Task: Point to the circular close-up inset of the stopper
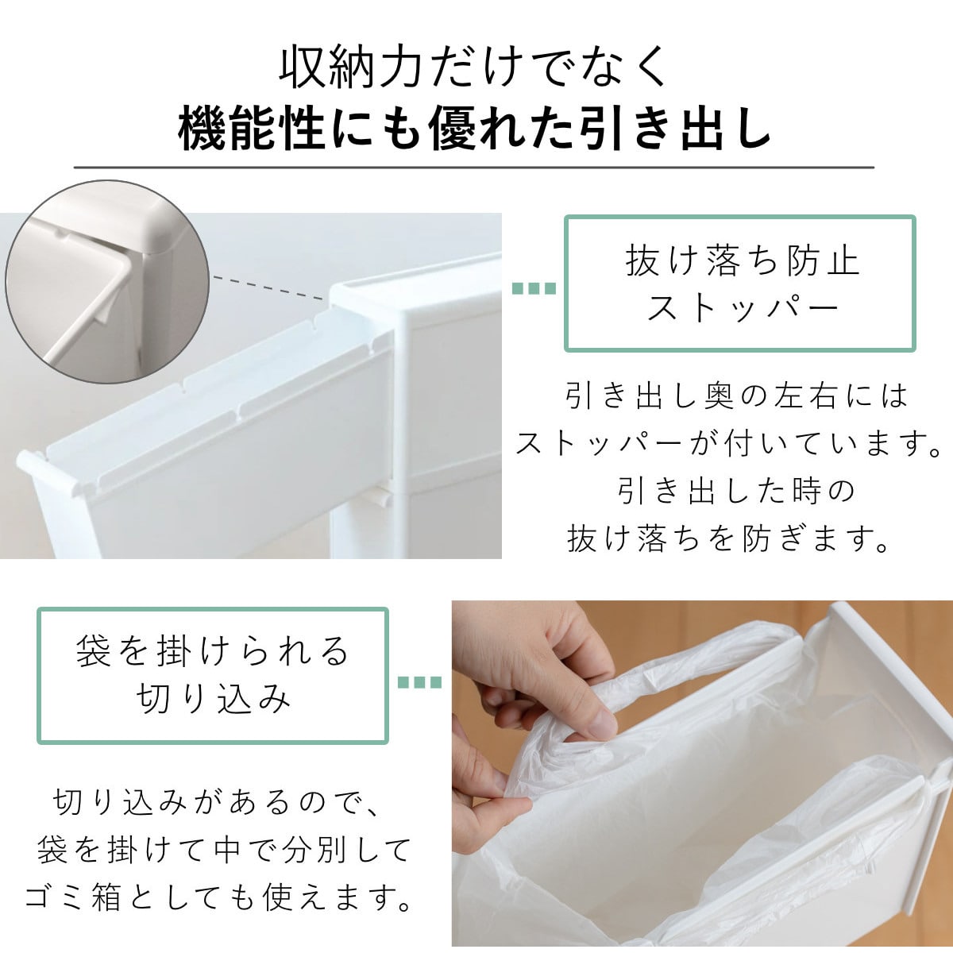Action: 106,282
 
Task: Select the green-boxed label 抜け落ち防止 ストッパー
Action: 740,284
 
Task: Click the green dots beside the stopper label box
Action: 533,288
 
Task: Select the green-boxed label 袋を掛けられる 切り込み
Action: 213,675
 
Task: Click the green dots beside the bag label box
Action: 419,682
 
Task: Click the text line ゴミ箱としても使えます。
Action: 219,899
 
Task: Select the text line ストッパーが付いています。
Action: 729,443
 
